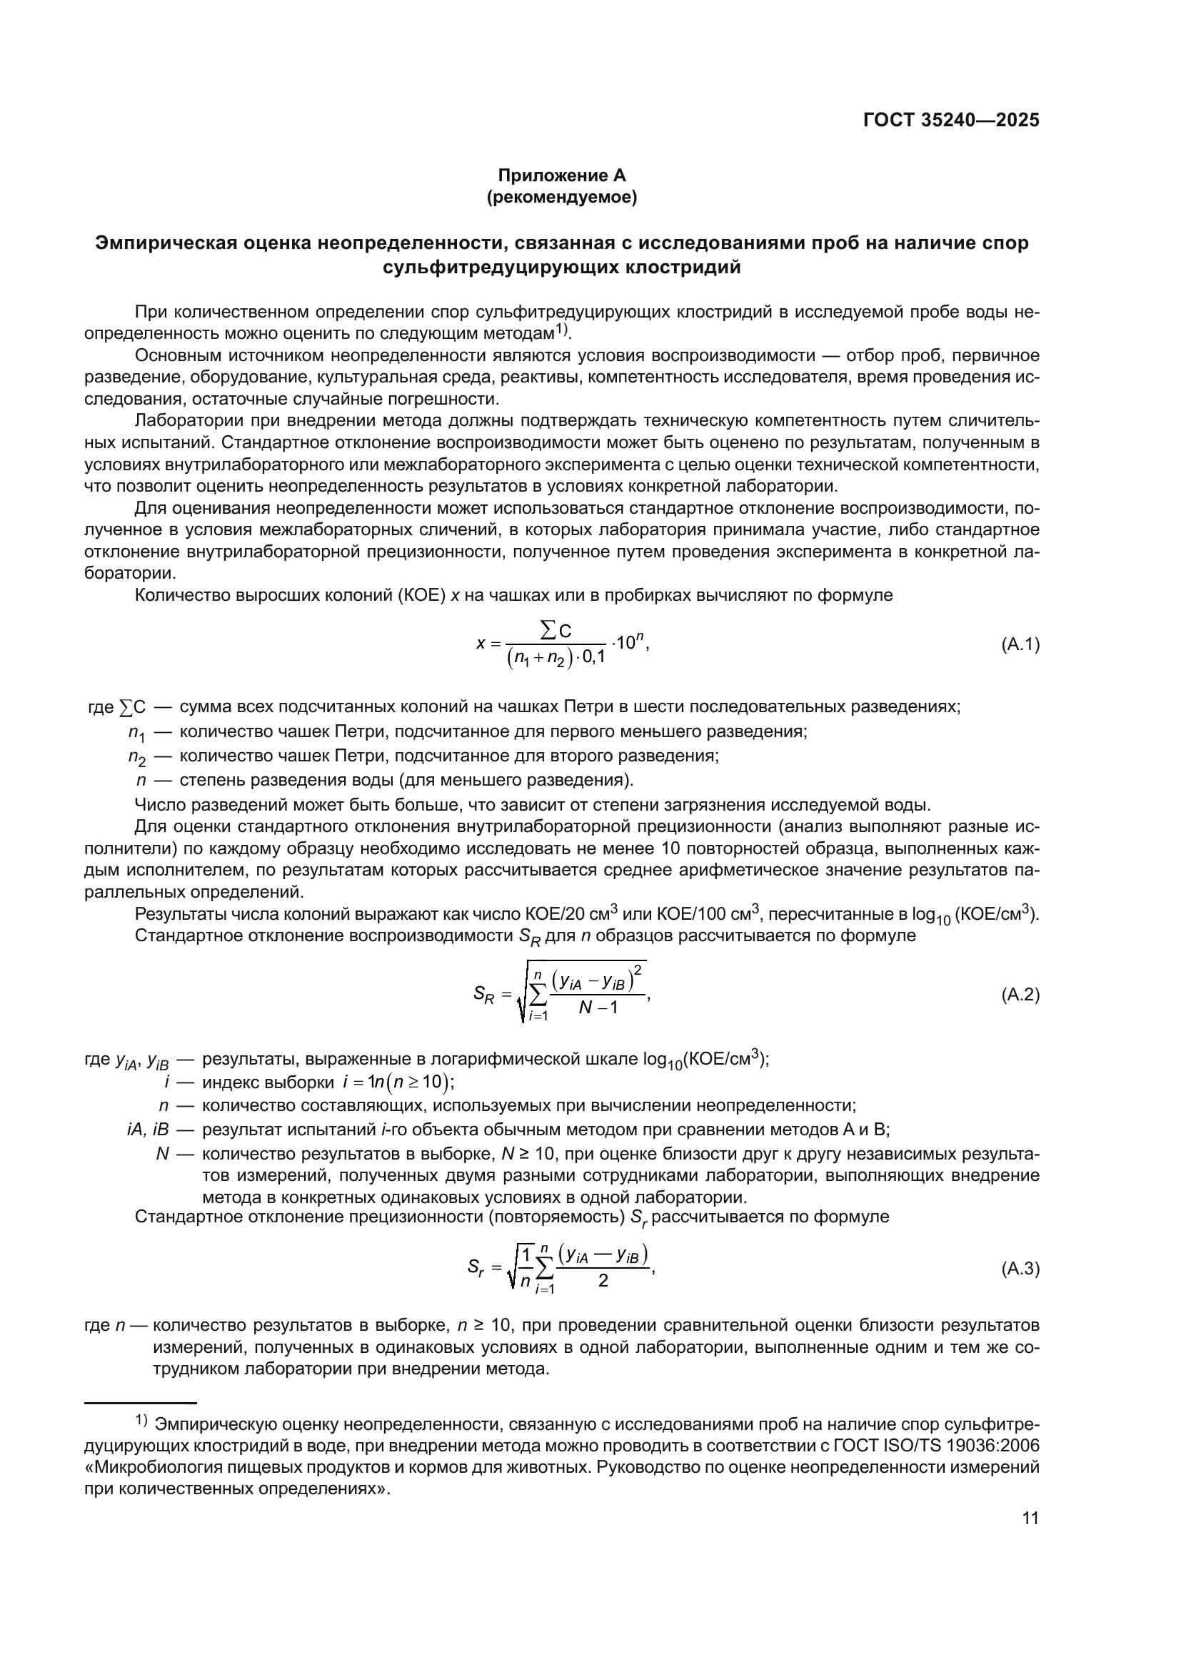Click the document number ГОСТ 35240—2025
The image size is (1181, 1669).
[x=950, y=120]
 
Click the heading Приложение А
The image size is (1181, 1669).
[x=561, y=176]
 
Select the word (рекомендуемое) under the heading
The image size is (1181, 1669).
[x=561, y=198]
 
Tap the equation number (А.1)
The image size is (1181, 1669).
[x=1020, y=644]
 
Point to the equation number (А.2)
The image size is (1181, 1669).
[x=1020, y=995]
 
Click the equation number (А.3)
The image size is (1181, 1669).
[x=1020, y=1269]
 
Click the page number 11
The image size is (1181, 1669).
[x=1030, y=1518]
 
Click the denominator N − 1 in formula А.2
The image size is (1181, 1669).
[x=598, y=1008]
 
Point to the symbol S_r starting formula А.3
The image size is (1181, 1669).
[x=476, y=1269]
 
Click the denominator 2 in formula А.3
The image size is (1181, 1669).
[x=603, y=1281]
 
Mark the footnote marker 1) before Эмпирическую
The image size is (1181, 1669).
[x=141, y=1421]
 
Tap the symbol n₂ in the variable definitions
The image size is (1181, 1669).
[x=136, y=756]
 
